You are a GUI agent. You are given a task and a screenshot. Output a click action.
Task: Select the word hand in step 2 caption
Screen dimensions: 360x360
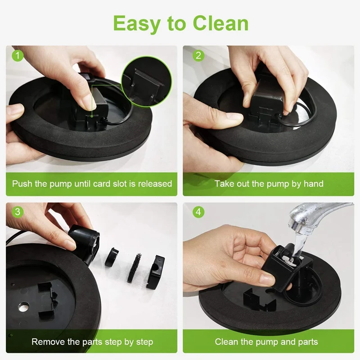(x=314, y=184)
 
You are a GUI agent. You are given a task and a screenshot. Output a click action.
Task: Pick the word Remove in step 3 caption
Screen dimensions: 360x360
(x=47, y=342)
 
